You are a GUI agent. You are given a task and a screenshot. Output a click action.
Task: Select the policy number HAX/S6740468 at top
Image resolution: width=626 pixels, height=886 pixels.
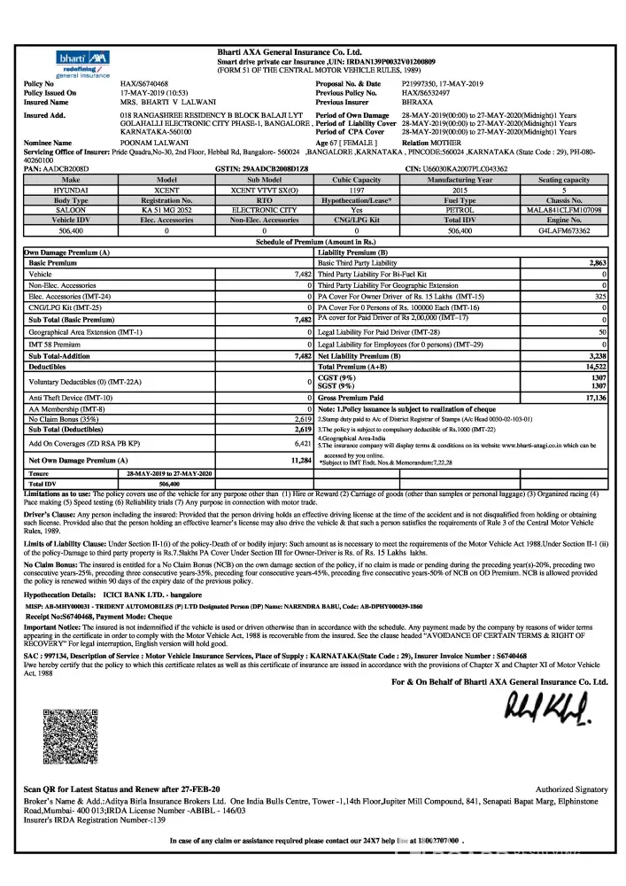(x=143, y=83)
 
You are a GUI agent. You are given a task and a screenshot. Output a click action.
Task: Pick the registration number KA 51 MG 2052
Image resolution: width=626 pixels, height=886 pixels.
(x=166, y=210)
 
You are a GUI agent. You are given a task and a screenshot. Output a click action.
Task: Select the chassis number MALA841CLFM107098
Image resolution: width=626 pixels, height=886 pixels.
(x=564, y=210)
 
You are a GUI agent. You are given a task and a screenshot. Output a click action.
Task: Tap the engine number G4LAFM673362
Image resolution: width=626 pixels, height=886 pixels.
(x=564, y=229)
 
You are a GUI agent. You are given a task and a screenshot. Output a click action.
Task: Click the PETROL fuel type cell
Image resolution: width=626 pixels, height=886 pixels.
(x=463, y=210)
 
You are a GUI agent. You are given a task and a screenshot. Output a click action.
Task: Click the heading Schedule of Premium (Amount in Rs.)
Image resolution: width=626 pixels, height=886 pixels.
(x=316, y=240)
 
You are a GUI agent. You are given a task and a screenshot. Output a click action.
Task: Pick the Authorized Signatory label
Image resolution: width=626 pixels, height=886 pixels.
(x=572, y=789)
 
